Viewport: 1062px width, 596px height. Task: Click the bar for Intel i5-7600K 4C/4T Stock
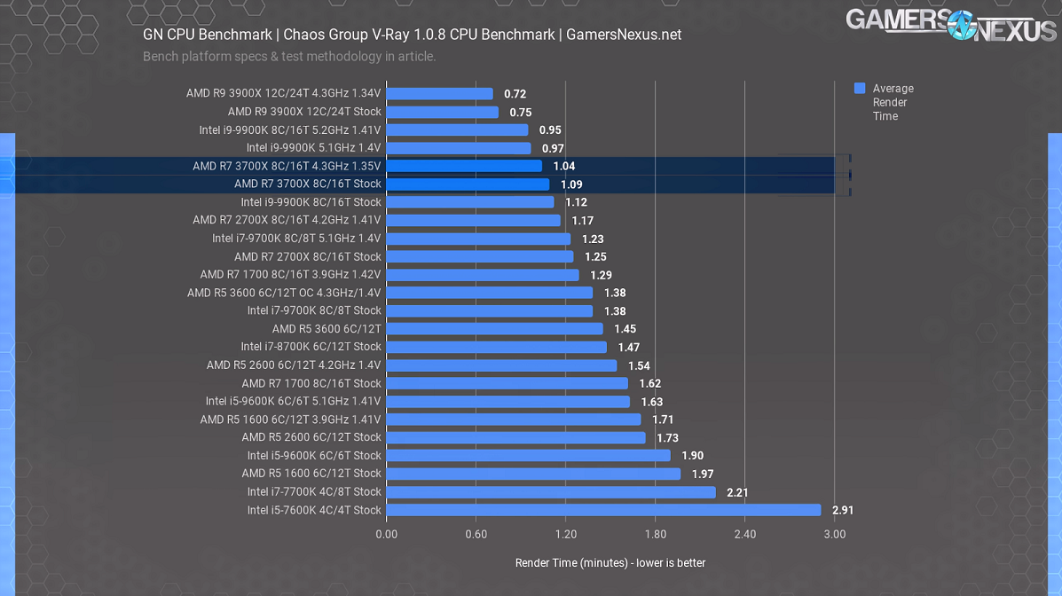click(x=603, y=510)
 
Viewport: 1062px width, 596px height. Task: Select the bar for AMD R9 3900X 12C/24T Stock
click(x=442, y=112)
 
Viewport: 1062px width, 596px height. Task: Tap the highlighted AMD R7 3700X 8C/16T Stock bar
click(x=468, y=184)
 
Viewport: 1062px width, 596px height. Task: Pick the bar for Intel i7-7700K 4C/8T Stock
click(x=551, y=491)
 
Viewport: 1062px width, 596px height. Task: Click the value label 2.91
click(x=843, y=511)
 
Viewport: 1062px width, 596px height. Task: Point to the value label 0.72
click(x=515, y=94)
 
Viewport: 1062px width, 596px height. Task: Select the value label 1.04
click(x=564, y=167)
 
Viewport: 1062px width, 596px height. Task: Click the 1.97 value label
click(x=703, y=474)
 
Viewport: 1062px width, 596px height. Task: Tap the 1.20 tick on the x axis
click(x=565, y=534)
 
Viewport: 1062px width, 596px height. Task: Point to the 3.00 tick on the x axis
click(x=834, y=534)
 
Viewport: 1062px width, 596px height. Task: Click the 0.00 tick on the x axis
click(x=387, y=534)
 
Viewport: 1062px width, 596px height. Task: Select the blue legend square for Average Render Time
click(x=860, y=88)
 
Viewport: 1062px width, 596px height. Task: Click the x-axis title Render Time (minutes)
click(x=610, y=563)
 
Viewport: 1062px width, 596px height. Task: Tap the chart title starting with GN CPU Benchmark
click(x=412, y=35)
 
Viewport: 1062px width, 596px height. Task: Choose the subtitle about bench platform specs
click(x=289, y=57)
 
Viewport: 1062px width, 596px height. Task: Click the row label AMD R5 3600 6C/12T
click(x=326, y=328)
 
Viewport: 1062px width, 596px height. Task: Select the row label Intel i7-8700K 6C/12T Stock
click(x=311, y=347)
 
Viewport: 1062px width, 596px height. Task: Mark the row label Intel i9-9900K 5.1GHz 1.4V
click(x=313, y=148)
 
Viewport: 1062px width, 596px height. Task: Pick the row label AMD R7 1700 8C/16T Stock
click(x=311, y=383)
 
